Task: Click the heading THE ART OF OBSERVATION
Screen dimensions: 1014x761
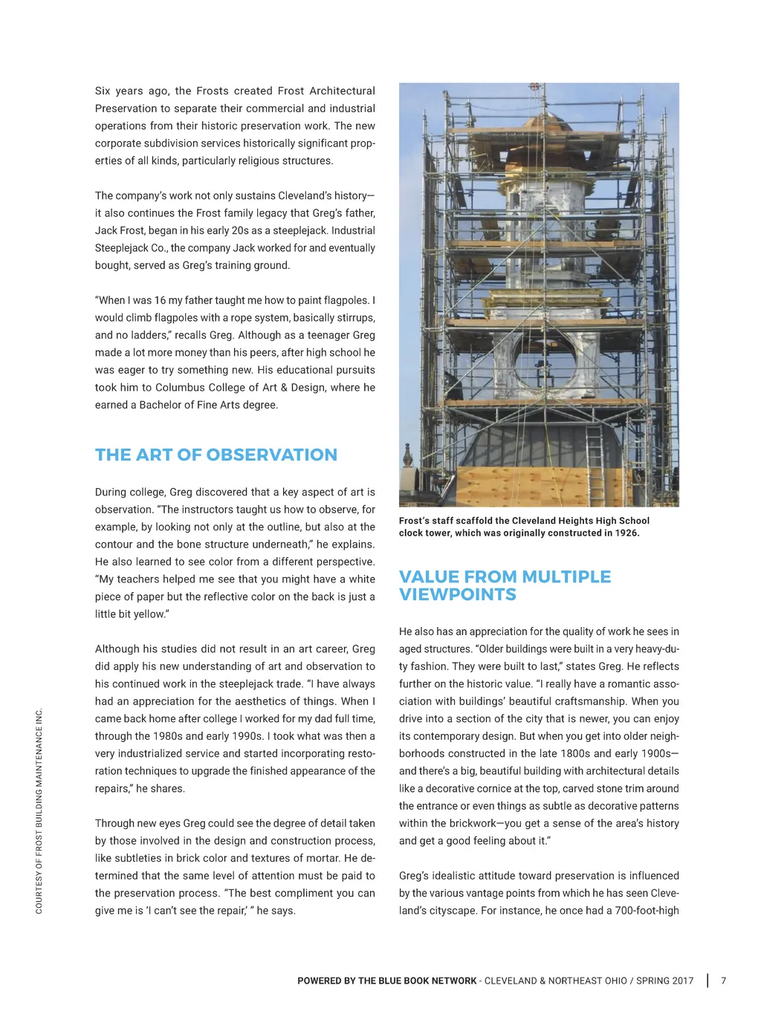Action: tap(216, 455)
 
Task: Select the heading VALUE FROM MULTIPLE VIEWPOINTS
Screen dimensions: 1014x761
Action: tap(505, 585)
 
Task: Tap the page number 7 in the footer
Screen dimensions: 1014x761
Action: tap(724, 981)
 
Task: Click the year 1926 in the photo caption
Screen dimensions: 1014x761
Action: tap(626, 533)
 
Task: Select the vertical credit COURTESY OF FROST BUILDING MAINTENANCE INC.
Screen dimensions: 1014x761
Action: tap(39, 811)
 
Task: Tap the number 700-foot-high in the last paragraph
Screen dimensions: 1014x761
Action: tap(647, 910)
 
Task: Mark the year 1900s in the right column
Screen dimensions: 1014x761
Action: tap(652, 753)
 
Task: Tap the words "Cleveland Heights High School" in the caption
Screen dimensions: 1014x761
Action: tap(580, 521)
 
